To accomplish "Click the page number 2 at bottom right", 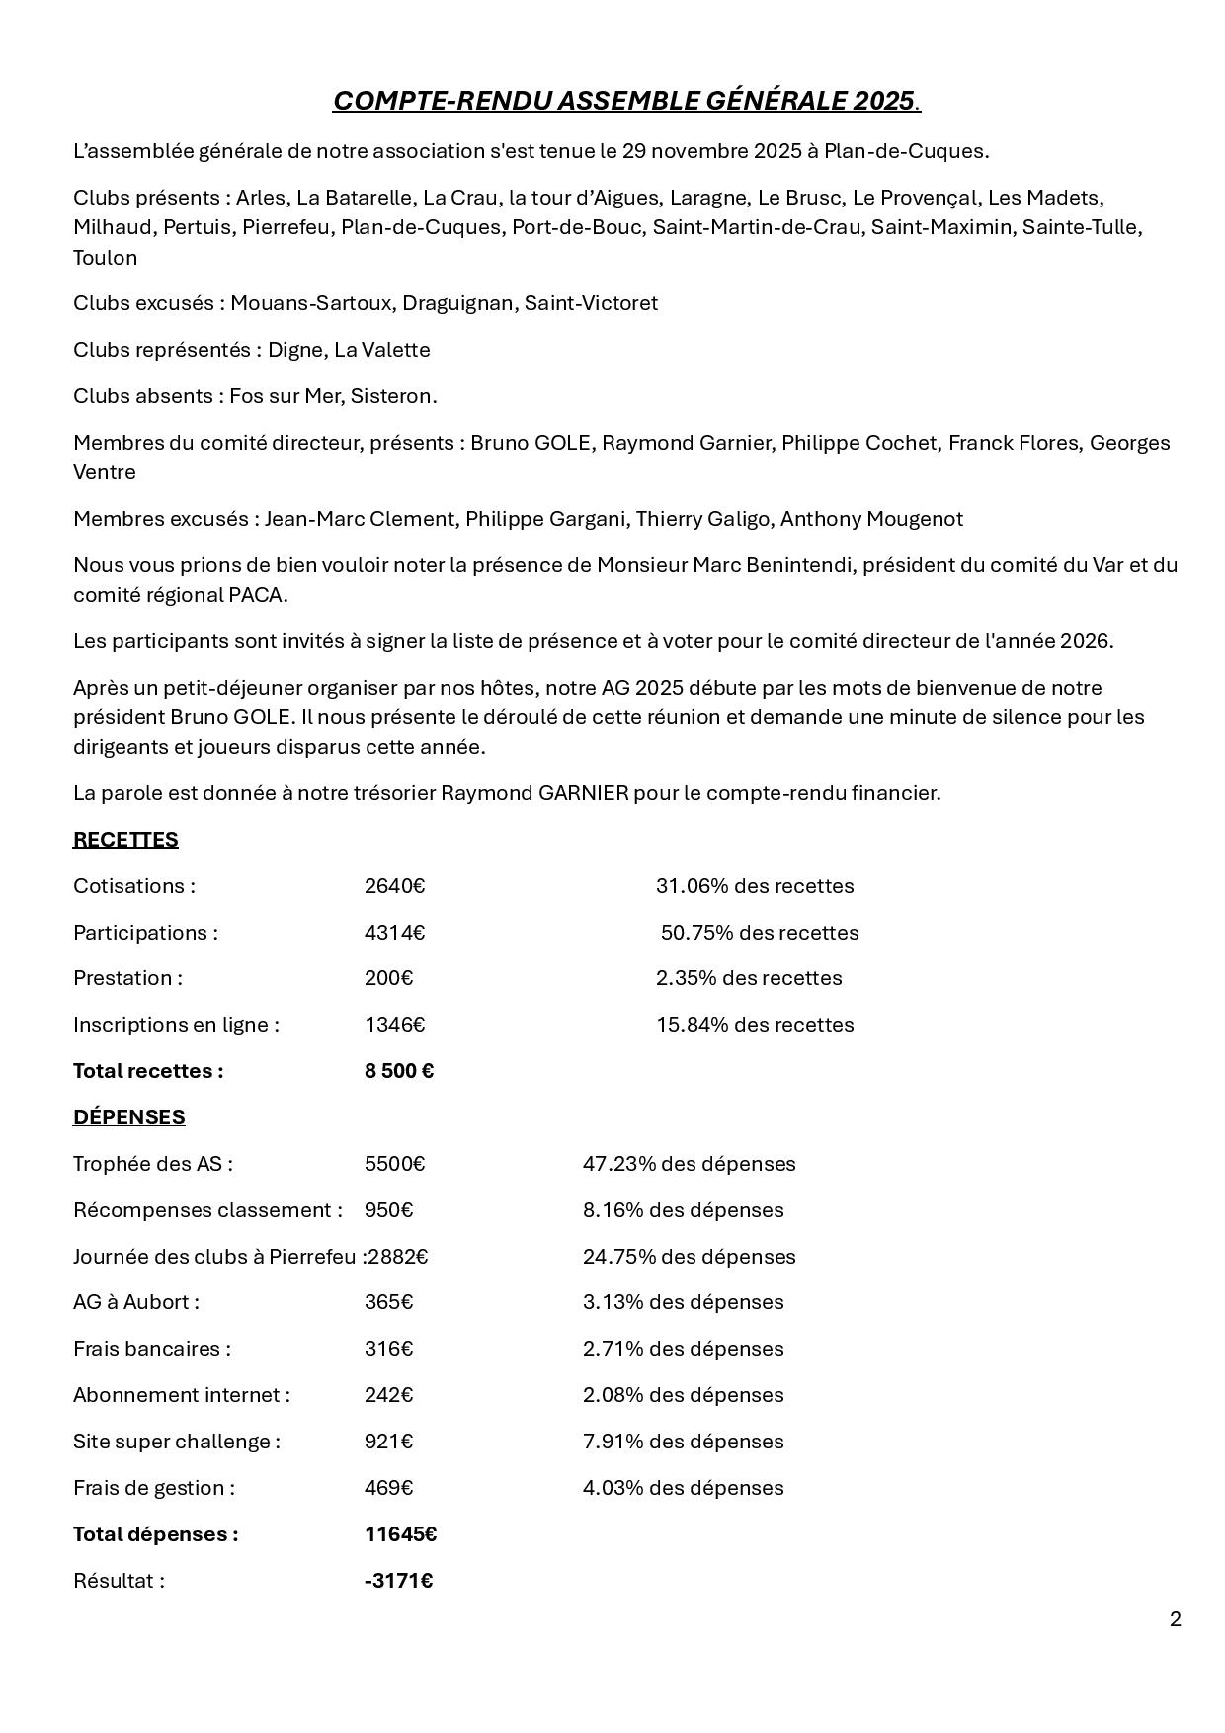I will coord(1175,1619).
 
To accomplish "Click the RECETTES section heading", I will coord(125,840).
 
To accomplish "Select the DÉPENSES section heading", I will coord(128,1117).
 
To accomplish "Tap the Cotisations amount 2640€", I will coord(394,886).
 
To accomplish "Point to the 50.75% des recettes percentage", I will coord(759,933).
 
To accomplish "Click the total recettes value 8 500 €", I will coord(399,1071).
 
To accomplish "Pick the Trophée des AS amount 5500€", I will coord(394,1164).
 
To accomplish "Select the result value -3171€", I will coord(398,1581).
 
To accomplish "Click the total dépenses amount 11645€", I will coord(400,1534).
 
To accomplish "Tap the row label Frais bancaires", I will coord(151,1349).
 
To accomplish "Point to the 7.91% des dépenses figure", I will coord(683,1442).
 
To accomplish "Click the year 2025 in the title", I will coord(884,101).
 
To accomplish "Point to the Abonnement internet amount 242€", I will coord(388,1395).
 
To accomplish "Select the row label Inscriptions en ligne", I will coord(175,1025).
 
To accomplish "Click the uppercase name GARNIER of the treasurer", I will coord(583,793).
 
